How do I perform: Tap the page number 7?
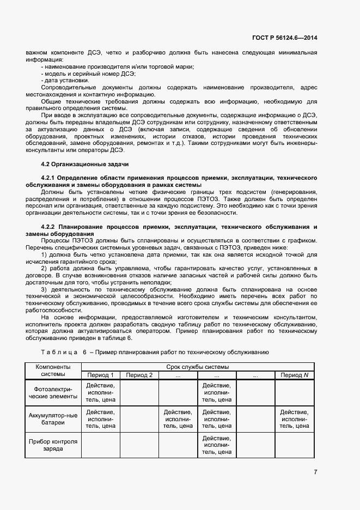point(315,472)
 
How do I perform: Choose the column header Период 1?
point(100,375)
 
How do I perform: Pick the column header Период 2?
point(139,375)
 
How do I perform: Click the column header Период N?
point(294,375)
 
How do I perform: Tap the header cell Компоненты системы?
point(53,371)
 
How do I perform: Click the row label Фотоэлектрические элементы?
point(53,392)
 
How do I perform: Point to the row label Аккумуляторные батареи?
point(53,418)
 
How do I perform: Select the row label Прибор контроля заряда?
point(53,445)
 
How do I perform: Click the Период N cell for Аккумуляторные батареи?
point(294,419)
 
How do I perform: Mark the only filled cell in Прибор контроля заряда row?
point(217,445)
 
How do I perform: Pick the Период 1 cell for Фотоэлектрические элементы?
point(100,392)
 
